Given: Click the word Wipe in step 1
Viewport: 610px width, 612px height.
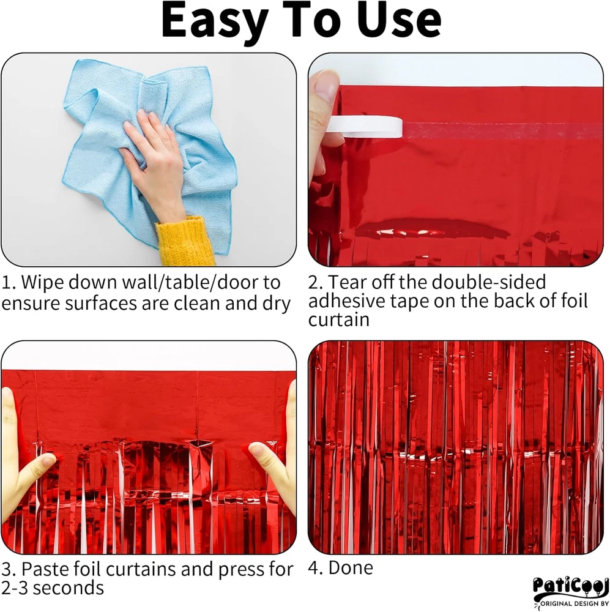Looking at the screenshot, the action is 42,282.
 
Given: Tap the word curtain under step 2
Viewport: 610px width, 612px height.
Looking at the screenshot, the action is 339,319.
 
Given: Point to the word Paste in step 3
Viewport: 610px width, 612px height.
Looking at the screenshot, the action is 44,569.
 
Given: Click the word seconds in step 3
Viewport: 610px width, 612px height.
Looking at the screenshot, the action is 71,588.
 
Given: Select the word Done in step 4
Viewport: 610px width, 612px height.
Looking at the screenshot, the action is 351,567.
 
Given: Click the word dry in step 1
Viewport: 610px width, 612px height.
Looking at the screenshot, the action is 277,304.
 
